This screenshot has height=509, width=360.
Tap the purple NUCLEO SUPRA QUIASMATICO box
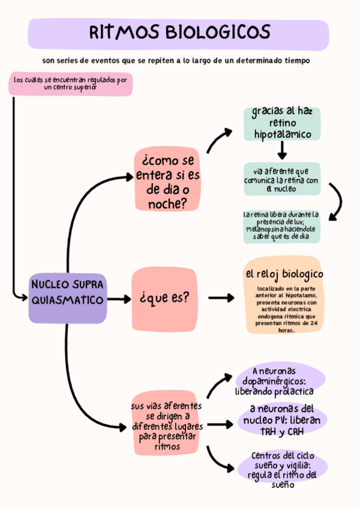67,292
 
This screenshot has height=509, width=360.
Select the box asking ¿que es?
164,297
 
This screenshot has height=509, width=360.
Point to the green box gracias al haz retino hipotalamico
282,123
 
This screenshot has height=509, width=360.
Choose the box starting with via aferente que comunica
282,179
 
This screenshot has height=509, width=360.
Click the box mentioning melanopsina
281,226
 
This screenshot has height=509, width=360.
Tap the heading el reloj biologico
284,274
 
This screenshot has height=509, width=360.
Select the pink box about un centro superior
70,83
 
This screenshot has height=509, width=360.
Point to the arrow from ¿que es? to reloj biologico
221,297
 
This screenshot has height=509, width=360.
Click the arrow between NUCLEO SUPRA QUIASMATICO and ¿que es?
119,298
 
